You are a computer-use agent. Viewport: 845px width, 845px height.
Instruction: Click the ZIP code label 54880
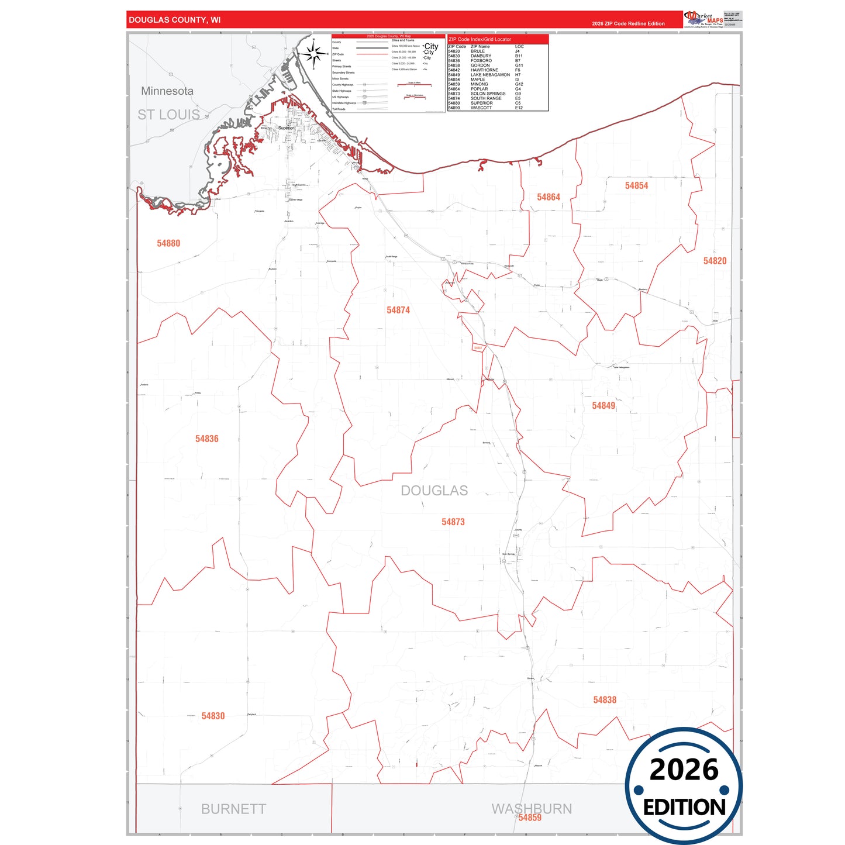pos(168,243)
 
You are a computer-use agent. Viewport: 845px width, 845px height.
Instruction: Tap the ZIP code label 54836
pos(206,439)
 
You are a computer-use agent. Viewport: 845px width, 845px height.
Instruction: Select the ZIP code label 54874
pos(398,310)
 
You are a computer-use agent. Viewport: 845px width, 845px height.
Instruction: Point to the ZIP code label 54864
pos(549,197)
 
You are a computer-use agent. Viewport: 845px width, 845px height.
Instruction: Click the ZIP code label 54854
pos(636,185)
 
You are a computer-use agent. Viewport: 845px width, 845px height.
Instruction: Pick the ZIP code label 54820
pos(715,261)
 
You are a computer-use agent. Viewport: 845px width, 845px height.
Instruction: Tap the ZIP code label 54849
pos(603,405)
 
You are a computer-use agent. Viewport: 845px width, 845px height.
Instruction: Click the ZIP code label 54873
pos(453,522)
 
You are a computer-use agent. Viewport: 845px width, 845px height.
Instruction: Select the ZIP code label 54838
pos(605,699)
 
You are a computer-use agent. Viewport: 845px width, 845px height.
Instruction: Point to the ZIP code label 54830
pos(213,716)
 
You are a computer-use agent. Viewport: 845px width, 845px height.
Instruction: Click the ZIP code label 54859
pos(530,818)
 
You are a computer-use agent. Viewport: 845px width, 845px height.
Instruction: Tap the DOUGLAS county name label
pos(434,491)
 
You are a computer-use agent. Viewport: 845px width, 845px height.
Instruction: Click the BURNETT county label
pos(233,809)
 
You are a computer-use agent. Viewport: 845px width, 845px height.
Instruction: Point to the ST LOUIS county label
pos(169,115)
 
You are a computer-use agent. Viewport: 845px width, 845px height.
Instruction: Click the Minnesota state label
pos(167,91)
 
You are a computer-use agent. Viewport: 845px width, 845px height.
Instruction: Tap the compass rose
pos(313,54)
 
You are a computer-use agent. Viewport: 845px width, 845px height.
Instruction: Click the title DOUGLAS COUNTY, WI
pos(175,20)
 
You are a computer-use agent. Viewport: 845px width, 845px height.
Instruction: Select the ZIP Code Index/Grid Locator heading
pos(480,39)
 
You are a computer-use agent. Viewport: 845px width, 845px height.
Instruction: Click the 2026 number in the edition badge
pos(684,770)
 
